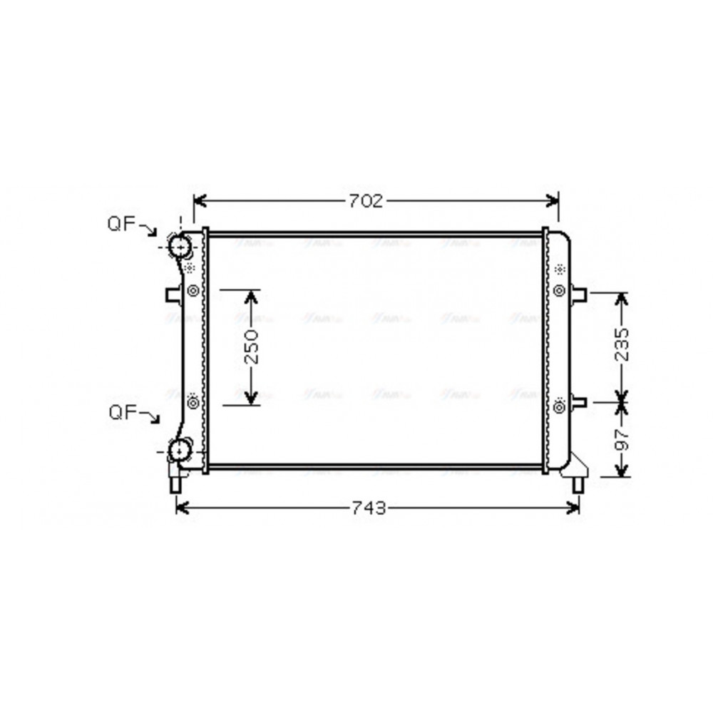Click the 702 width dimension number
(x=366, y=201)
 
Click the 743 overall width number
(x=369, y=508)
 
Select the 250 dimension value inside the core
(x=250, y=347)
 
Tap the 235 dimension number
(x=622, y=346)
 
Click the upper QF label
(x=122, y=224)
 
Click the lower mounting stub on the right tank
(x=578, y=402)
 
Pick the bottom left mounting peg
(x=175, y=483)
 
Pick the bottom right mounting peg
(x=578, y=483)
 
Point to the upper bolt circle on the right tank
(x=559, y=290)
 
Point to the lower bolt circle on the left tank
(x=192, y=402)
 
